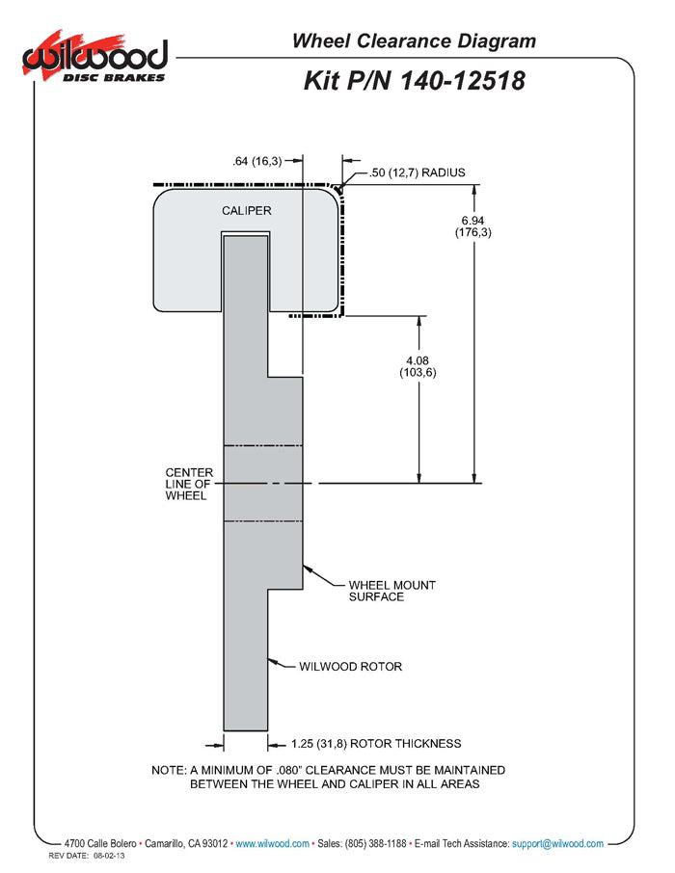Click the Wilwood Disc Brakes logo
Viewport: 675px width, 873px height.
tap(94, 57)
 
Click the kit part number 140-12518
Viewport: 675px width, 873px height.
tap(462, 81)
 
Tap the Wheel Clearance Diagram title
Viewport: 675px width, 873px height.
tap(414, 41)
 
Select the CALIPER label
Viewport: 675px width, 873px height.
tap(246, 211)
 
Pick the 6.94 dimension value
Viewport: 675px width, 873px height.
tap(472, 221)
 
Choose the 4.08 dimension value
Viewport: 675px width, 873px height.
tap(418, 360)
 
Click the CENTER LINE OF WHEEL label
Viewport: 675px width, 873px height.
tap(189, 484)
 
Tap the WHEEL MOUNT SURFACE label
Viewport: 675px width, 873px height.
tap(391, 591)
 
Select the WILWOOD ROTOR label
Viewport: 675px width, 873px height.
tap(350, 667)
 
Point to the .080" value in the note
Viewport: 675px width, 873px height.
tap(288, 771)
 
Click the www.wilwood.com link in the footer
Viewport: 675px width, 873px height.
tap(273, 844)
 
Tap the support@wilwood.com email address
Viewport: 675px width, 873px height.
tap(557, 844)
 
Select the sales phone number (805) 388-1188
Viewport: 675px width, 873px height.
tap(376, 844)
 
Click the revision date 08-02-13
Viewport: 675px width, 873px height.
tap(109, 856)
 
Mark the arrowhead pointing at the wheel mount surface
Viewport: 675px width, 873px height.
tap(307, 569)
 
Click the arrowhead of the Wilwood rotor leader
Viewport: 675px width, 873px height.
tap(273, 662)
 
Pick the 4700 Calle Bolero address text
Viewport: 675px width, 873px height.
tap(100, 844)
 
